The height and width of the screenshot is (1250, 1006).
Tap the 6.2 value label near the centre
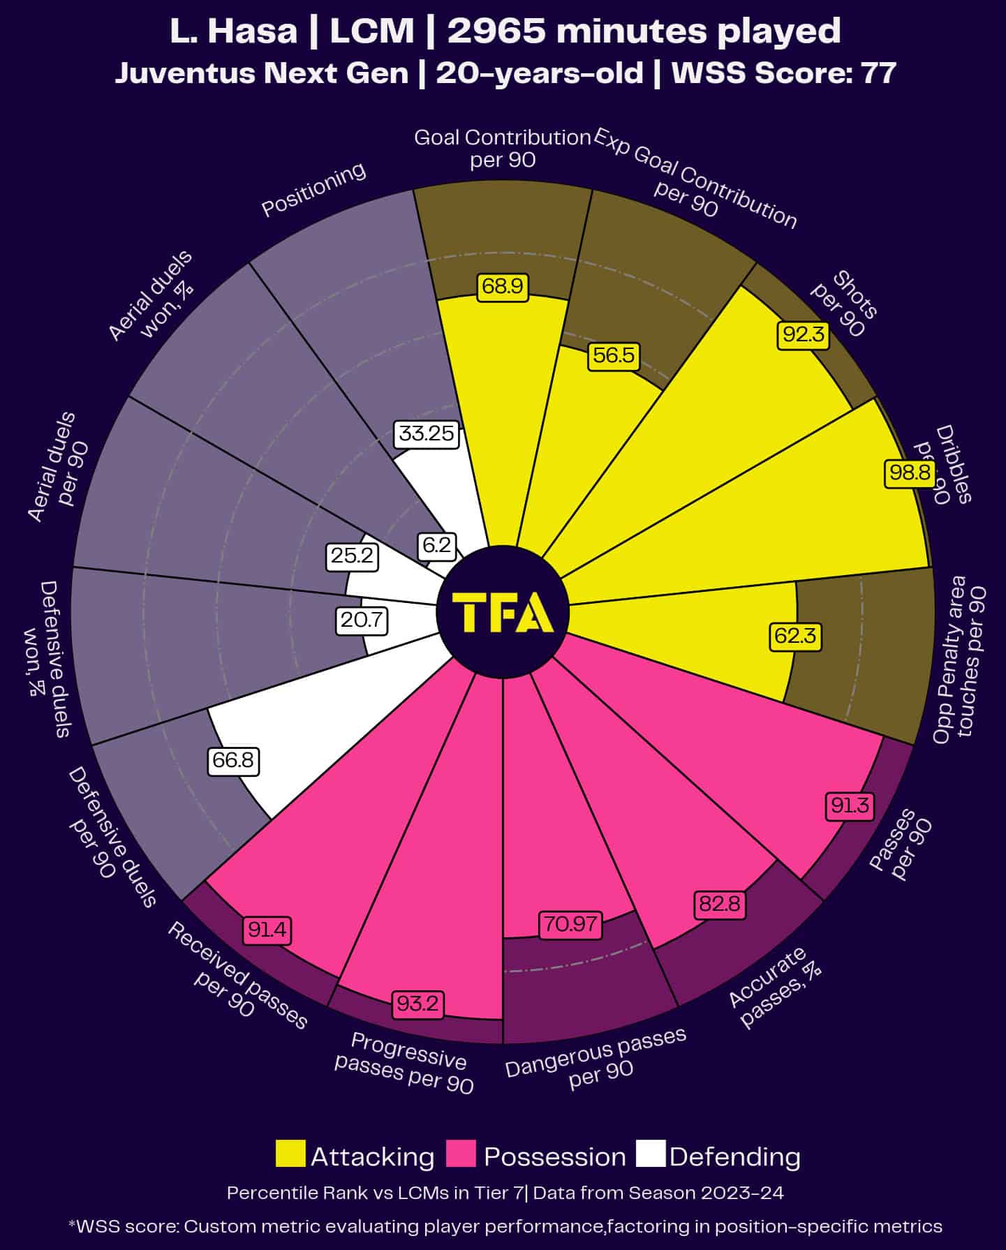(x=437, y=544)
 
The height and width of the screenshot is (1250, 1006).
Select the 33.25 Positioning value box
(x=426, y=433)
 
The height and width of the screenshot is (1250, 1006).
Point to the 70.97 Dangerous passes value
(x=570, y=924)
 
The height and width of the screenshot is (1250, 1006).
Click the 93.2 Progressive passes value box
(x=417, y=1004)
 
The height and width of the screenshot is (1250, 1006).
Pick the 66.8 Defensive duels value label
(x=233, y=759)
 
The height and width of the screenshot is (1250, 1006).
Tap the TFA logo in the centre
(x=503, y=612)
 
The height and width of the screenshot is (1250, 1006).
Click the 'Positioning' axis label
(x=313, y=190)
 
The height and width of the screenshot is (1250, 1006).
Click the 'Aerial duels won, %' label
(x=151, y=297)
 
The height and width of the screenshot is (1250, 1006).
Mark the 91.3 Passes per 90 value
(x=850, y=805)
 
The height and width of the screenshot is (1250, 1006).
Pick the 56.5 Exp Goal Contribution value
(x=614, y=356)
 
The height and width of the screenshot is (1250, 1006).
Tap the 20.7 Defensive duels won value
(x=362, y=620)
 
